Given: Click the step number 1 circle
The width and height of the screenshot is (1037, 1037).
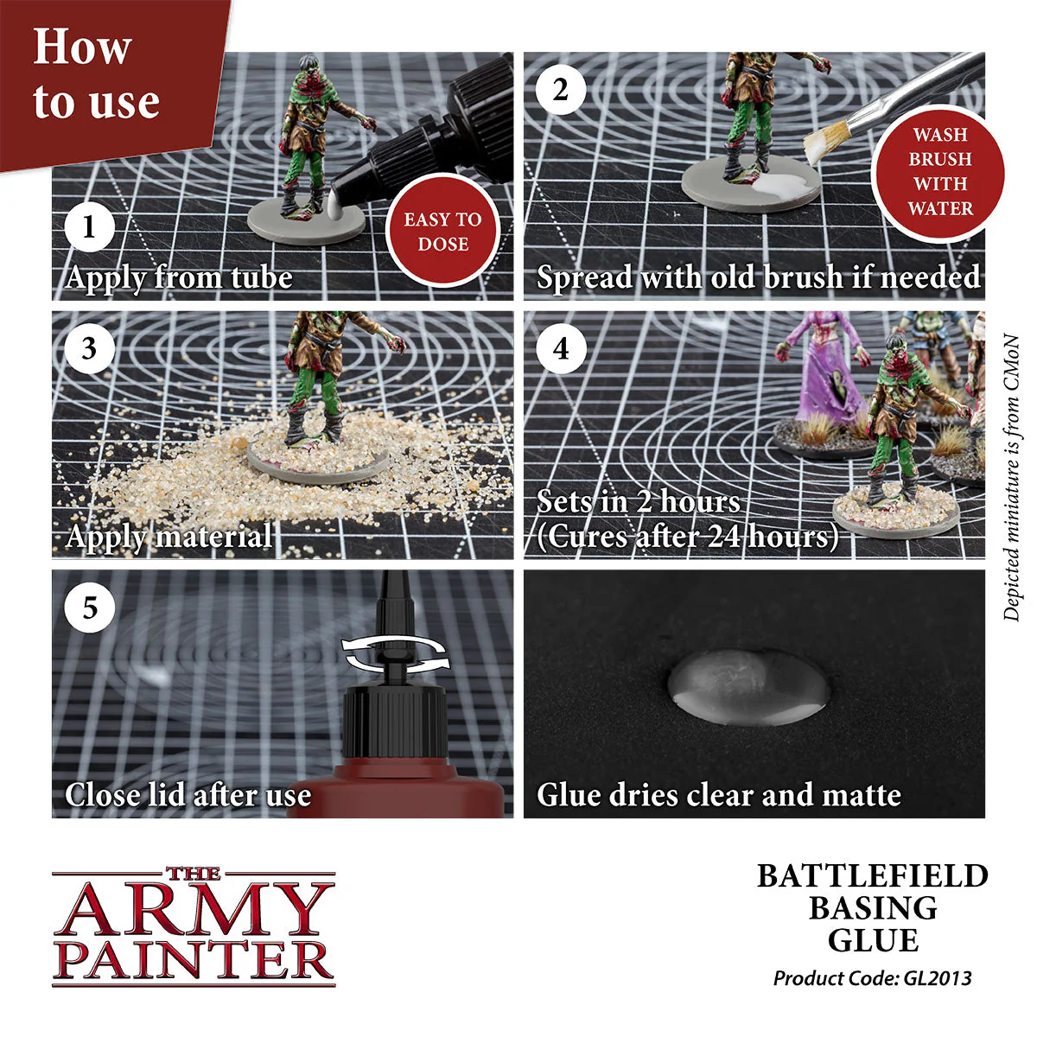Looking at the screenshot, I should [89, 227].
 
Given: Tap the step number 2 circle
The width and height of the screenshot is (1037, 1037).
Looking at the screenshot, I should [561, 90].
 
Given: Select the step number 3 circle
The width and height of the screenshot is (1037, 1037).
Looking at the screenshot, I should [89, 349].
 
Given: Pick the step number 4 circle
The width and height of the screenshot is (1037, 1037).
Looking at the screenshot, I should [561, 349].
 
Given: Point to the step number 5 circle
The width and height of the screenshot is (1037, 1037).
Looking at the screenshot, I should [89, 608].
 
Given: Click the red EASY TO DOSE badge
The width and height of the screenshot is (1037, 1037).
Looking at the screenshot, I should [442, 231].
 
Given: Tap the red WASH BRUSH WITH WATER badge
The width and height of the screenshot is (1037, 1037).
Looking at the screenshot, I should [939, 172].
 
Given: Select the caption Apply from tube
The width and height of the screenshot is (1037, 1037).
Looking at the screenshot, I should [179, 277].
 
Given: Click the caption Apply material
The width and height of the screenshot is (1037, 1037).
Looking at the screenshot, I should [169, 537].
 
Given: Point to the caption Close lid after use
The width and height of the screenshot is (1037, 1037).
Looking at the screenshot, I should [188, 795].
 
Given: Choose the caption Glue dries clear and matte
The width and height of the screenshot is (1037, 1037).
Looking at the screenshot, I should [718, 795].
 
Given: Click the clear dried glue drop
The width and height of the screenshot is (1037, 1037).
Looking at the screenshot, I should [748, 688].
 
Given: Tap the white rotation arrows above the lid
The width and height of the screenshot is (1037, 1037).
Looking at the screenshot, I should [397, 652].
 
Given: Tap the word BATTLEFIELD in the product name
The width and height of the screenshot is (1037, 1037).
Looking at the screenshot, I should [872, 875].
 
